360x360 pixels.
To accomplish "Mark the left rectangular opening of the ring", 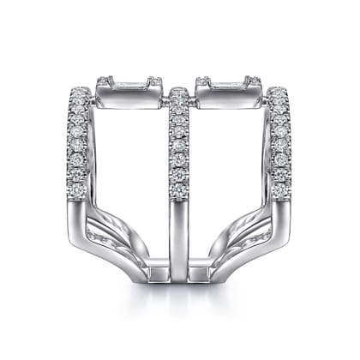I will (129, 163).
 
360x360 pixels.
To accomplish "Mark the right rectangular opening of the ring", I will (230, 163).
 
